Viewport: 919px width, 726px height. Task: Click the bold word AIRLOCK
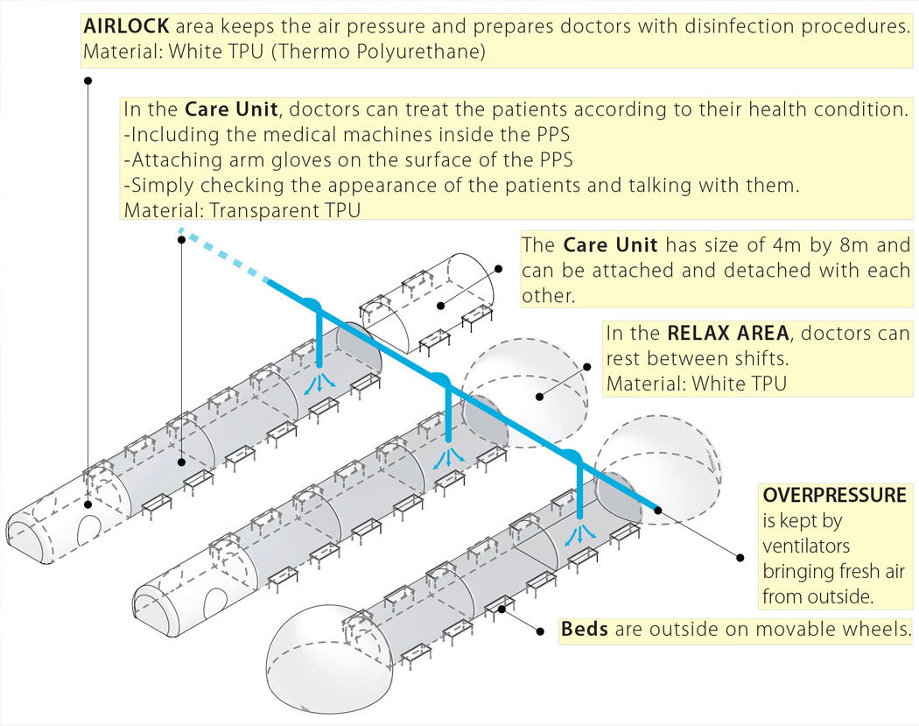pyautogui.click(x=125, y=26)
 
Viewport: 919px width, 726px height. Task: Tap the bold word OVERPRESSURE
pyautogui.click(x=834, y=495)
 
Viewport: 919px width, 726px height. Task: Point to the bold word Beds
pyautogui.click(x=586, y=630)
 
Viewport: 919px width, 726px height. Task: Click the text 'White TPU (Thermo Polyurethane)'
pyautogui.click(x=325, y=52)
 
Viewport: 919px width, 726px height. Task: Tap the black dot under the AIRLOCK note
pyautogui.click(x=88, y=81)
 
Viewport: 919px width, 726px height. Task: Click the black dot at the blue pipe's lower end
pyautogui.click(x=657, y=507)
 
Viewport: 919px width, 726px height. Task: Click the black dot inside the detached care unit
pyautogui.click(x=439, y=306)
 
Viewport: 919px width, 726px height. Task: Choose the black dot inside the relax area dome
pyautogui.click(x=540, y=396)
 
